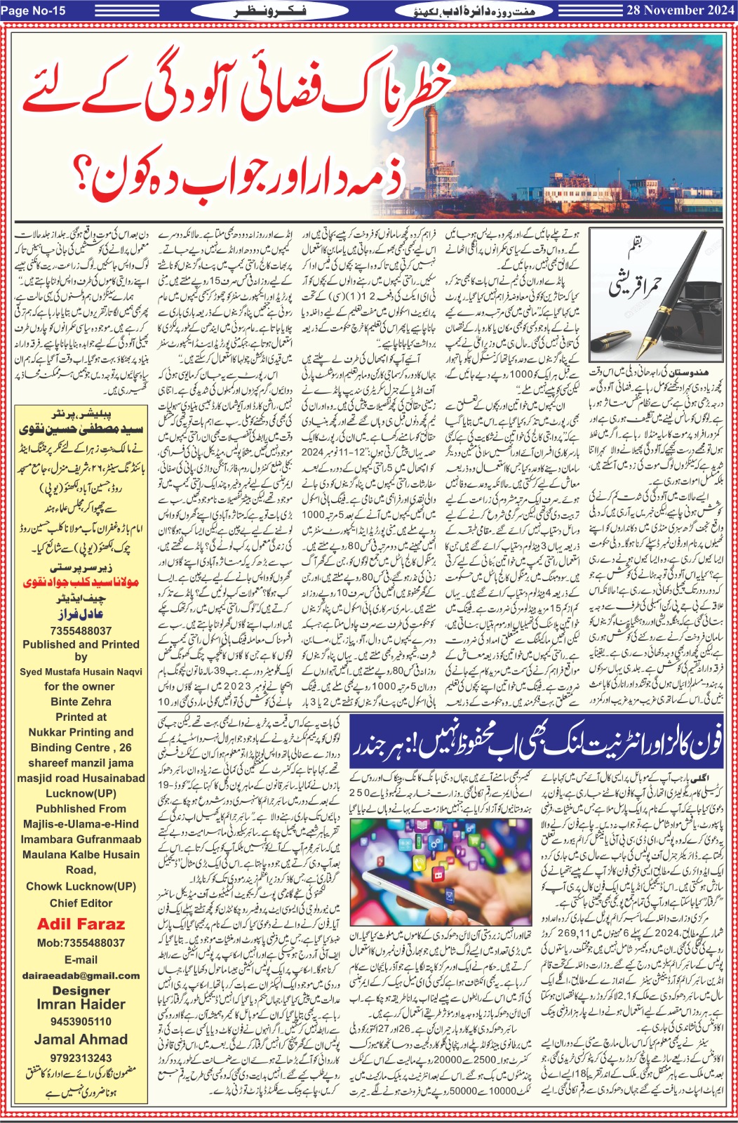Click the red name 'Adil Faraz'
(81, 924)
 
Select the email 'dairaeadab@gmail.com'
(81, 975)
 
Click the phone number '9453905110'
(81, 1021)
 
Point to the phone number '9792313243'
(81, 1058)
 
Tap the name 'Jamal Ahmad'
(81, 1039)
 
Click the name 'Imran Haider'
(81, 1004)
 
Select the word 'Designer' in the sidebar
(81, 990)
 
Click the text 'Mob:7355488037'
(81, 943)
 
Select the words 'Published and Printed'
(81, 644)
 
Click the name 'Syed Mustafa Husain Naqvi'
(81, 672)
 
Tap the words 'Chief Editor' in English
(81, 903)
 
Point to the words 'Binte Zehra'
(81, 701)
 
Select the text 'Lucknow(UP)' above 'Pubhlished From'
(81, 793)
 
